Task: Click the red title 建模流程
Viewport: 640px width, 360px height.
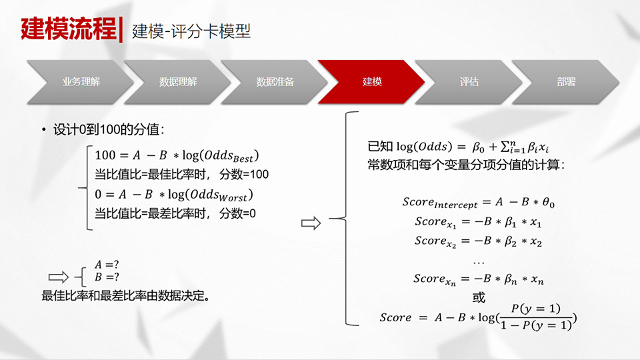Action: tap(69, 29)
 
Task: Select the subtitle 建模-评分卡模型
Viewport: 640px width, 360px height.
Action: tap(191, 31)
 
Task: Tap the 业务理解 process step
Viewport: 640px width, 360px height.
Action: tap(81, 81)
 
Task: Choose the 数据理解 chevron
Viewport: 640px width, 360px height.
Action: tap(177, 81)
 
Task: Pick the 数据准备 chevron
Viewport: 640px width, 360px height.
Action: tap(275, 81)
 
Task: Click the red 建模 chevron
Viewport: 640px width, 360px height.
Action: tap(371, 81)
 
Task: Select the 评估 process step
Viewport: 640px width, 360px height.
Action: tap(469, 81)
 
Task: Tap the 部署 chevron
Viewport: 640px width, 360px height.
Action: tap(566, 81)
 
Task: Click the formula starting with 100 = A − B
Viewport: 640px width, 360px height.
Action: tap(177, 155)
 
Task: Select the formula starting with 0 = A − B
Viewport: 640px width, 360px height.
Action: tap(174, 195)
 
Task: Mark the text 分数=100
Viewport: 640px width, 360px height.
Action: tap(244, 174)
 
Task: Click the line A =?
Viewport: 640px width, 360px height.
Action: tap(107, 265)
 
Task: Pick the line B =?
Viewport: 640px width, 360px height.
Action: tap(107, 277)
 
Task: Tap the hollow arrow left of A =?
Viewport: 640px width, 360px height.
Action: tap(59, 277)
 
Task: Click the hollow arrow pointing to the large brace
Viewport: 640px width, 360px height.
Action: tap(311, 223)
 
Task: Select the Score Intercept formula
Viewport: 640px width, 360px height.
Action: tap(479, 203)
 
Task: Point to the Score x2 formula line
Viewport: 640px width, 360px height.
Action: tap(479, 241)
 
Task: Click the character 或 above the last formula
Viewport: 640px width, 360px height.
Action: tap(479, 297)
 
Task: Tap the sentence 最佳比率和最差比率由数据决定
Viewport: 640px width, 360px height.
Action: tap(126, 295)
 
